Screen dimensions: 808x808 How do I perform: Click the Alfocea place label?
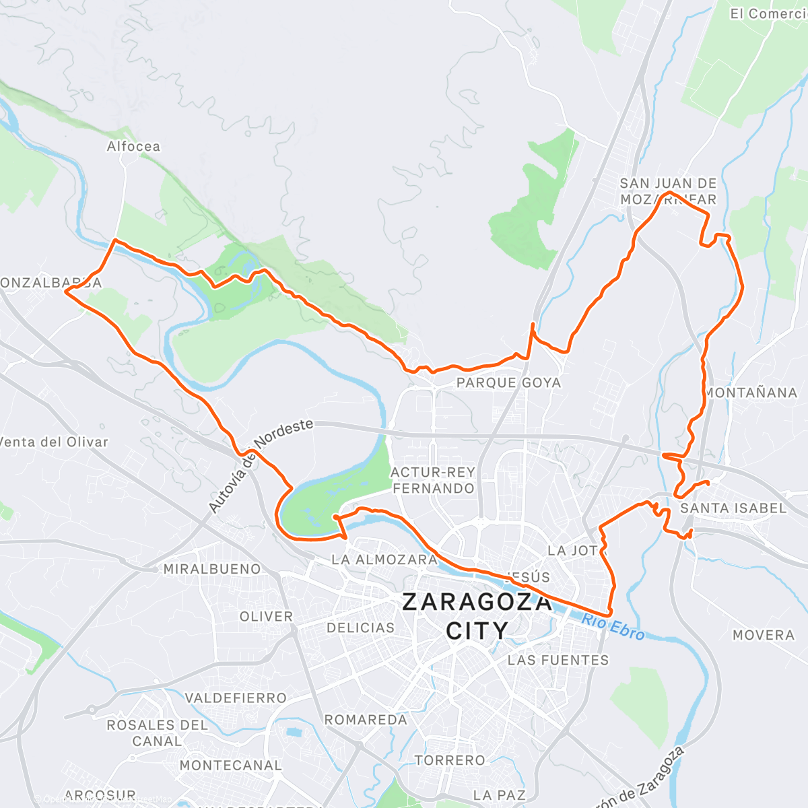pyautogui.click(x=133, y=146)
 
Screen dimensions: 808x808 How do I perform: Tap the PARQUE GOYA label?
pyautogui.click(x=508, y=383)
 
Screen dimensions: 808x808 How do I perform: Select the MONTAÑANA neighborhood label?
pyautogui.click(x=751, y=393)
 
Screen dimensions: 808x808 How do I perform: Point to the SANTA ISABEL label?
pyautogui.click(x=733, y=508)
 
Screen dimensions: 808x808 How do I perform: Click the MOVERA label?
pyautogui.click(x=764, y=635)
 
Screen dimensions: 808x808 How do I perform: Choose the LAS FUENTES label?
pyautogui.click(x=558, y=661)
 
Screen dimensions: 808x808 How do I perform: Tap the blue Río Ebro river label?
pyautogui.click(x=613, y=628)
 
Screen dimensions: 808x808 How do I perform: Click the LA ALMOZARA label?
pyautogui.click(x=384, y=560)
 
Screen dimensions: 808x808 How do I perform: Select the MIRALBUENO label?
pyautogui.click(x=212, y=570)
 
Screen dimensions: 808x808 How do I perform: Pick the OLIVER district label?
pyautogui.click(x=267, y=617)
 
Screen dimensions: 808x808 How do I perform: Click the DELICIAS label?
pyautogui.click(x=360, y=628)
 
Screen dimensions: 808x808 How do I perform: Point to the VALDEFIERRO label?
pyautogui.click(x=236, y=698)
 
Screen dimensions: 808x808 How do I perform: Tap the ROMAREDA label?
pyautogui.click(x=366, y=720)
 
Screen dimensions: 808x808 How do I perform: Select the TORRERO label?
pyautogui.click(x=450, y=760)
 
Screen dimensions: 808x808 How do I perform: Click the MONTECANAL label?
pyautogui.click(x=230, y=766)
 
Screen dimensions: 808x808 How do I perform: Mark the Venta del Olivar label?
pyautogui.click(x=54, y=442)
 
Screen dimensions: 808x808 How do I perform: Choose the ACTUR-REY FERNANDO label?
pyautogui.click(x=433, y=480)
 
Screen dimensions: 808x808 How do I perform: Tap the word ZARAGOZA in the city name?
pyautogui.click(x=477, y=602)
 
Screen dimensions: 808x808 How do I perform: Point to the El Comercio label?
pyautogui.click(x=768, y=14)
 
